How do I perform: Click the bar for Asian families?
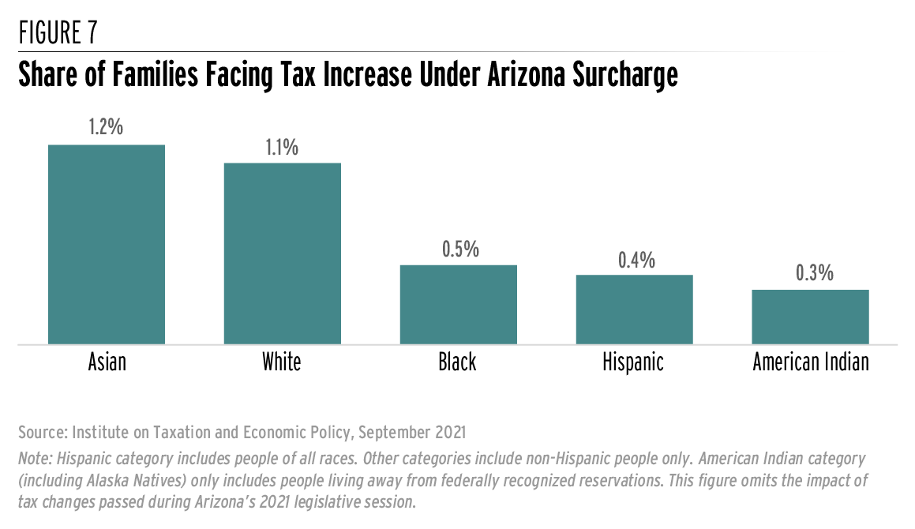(107, 245)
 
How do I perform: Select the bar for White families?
(282, 253)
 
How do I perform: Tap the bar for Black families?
(458, 305)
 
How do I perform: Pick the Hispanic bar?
(634, 310)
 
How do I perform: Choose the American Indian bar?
(810, 317)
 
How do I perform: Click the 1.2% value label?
(107, 127)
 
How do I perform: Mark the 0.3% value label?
(810, 273)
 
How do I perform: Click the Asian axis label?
(107, 362)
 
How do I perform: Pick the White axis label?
(282, 362)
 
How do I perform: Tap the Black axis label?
(458, 362)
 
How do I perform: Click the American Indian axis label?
(810, 362)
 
